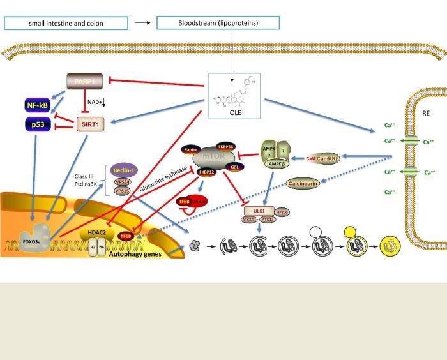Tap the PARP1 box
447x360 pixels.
(x=84, y=82)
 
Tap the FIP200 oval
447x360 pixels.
(x=282, y=211)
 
